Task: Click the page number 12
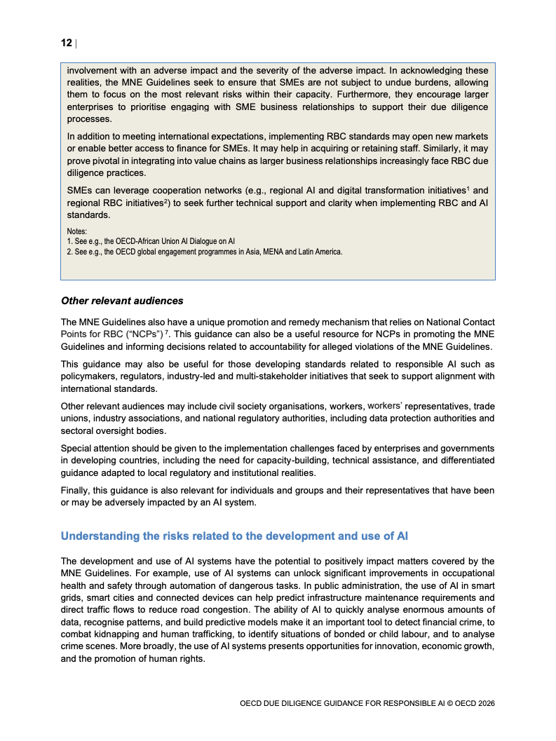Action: point(66,43)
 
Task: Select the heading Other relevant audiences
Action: point(122,301)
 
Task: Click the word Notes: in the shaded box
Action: point(77,231)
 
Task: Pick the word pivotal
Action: point(103,161)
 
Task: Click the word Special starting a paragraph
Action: point(77,448)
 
